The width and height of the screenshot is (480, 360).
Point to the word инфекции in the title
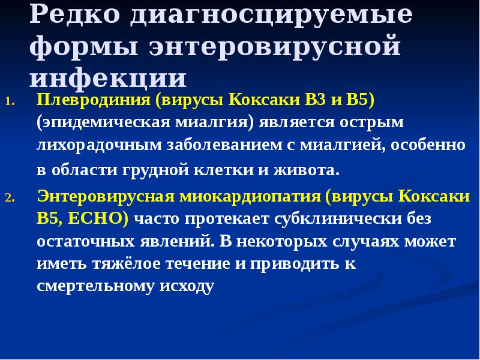pyautogui.click(x=108, y=79)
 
